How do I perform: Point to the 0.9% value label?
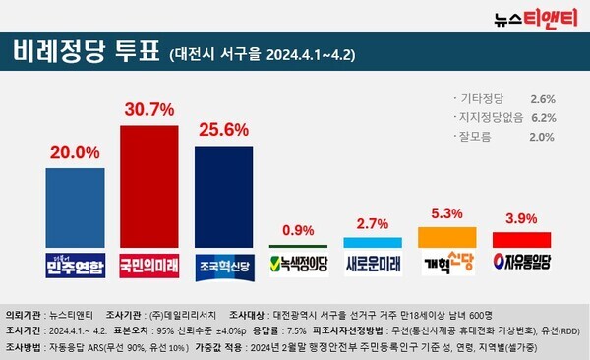[x=298, y=230]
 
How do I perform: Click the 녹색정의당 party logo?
[x=298, y=263]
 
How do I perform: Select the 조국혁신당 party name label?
[x=223, y=264]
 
